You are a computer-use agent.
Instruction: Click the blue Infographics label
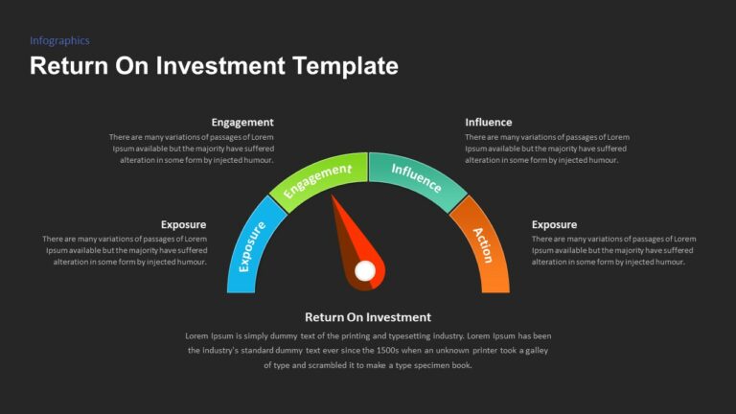[59, 41]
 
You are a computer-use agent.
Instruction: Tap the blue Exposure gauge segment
[252, 245]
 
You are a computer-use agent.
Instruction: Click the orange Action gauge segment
[482, 244]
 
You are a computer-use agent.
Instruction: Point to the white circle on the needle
[365, 272]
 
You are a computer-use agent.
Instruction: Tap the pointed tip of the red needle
[333, 197]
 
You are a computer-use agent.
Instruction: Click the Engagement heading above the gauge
[242, 123]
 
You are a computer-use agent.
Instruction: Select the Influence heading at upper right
[489, 123]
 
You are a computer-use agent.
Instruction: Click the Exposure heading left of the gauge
[183, 225]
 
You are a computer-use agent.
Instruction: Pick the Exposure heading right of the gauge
[554, 225]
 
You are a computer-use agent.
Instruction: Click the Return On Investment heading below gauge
[368, 317]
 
